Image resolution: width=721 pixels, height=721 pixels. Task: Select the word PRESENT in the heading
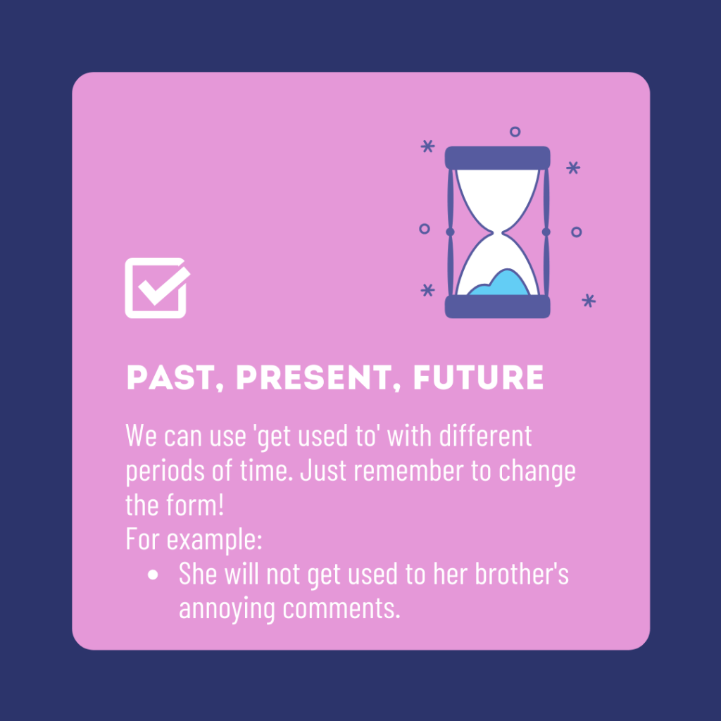pyautogui.click(x=315, y=378)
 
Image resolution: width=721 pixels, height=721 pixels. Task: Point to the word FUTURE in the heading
pyautogui.click(x=478, y=378)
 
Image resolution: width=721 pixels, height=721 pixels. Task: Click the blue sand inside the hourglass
pyautogui.click(x=501, y=284)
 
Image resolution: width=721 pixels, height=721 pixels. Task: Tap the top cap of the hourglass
pyautogui.click(x=498, y=158)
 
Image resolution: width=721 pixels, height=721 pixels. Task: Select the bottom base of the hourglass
pyautogui.click(x=498, y=307)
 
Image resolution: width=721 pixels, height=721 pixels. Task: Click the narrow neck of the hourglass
pyautogui.click(x=498, y=232)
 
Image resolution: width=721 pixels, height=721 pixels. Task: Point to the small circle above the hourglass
pyautogui.click(x=515, y=132)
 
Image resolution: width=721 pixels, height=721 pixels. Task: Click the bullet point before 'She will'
pyautogui.click(x=153, y=575)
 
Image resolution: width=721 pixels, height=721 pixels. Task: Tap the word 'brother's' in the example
pyautogui.click(x=522, y=574)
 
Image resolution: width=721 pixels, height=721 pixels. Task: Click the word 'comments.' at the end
pyautogui.click(x=341, y=609)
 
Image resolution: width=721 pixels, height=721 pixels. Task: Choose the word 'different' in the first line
pyautogui.click(x=486, y=435)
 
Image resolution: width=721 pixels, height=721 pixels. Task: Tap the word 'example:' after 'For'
pyautogui.click(x=214, y=540)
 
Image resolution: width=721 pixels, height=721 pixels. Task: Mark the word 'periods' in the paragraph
pyautogui.click(x=165, y=471)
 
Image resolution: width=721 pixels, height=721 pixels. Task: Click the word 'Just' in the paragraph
pyautogui.click(x=322, y=470)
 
